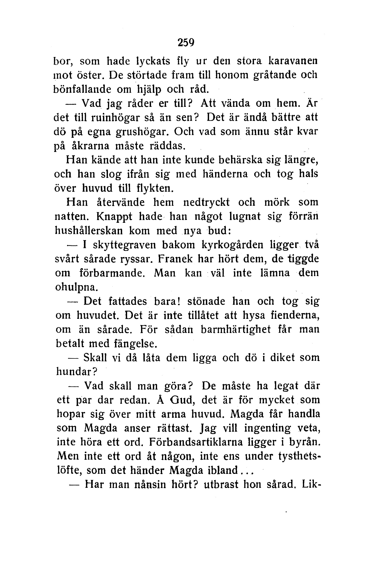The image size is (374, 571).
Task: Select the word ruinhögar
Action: (112, 117)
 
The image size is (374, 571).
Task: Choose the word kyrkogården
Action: (232, 245)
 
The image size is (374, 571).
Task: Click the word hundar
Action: (75, 372)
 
